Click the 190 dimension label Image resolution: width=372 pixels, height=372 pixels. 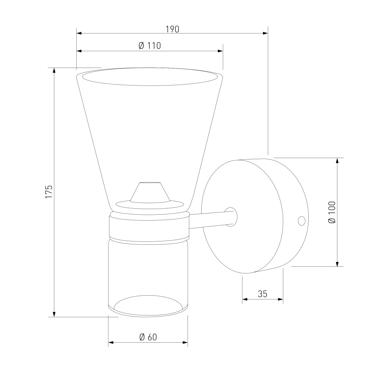(172, 29)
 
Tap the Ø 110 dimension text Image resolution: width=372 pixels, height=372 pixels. (150, 45)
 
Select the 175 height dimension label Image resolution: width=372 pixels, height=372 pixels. (49, 192)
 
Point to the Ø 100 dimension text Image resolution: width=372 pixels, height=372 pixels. (332, 212)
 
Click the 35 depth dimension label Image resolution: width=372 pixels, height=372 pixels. (262, 294)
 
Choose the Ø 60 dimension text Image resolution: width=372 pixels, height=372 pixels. (148, 337)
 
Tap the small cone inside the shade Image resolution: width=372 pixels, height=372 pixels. (150, 192)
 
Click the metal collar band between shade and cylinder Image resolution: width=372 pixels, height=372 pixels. (149, 227)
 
